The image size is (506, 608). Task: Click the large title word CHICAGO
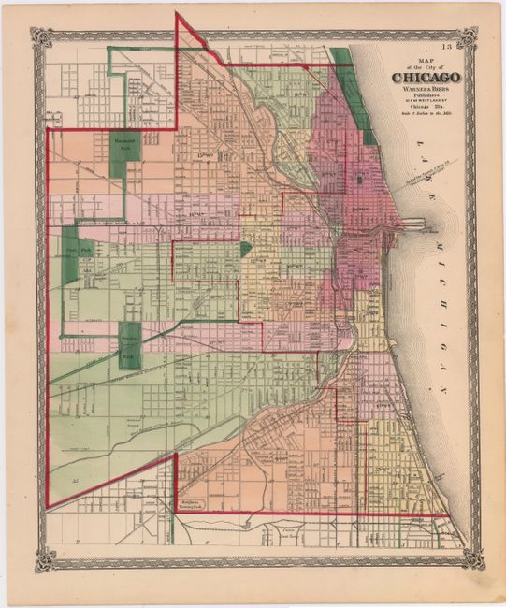(x=426, y=77)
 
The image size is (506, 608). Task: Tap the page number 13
(x=451, y=45)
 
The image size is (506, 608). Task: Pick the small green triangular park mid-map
(x=245, y=249)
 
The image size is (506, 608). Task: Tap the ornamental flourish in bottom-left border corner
(x=43, y=561)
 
